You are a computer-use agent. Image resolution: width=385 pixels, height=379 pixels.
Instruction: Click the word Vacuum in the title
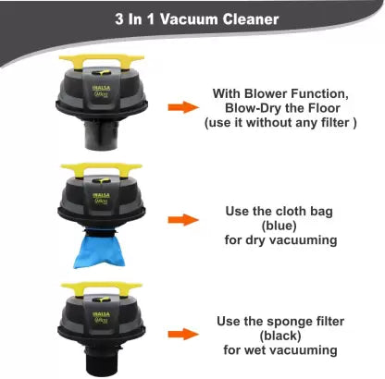pyautogui.click(x=189, y=19)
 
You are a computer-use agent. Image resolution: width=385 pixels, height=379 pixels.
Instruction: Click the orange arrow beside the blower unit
pyautogui.click(x=183, y=107)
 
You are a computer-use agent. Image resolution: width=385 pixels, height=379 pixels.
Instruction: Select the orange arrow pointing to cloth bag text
pyautogui.click(x=183, y=220)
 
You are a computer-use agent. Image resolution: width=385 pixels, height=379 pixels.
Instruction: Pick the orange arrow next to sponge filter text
pyautogui.click(x=183, y=334)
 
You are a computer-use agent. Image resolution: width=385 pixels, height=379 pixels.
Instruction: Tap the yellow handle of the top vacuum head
pyautogui.click(x=102, y=62)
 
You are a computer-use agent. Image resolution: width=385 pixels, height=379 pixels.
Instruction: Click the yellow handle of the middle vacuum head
pyautogui.click(x=102, y=170)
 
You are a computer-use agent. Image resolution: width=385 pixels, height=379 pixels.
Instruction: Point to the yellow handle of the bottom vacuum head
pyautogui.click(x=102, y=289)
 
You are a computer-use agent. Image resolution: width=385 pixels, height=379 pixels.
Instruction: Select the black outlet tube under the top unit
pyautogui.click(x=102, y=136)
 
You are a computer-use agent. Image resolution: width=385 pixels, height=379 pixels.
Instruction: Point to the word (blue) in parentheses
pyautogui.click(x=279, y=226)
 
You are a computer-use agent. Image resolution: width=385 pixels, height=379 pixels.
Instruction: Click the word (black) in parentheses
pyautogui.click(x=280, y=336)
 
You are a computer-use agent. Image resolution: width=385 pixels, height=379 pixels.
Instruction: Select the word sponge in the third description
pyautogui.click(x=285, y=322)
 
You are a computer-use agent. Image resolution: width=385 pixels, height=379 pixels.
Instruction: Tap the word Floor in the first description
pyautogui.click(x=323, y=108)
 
